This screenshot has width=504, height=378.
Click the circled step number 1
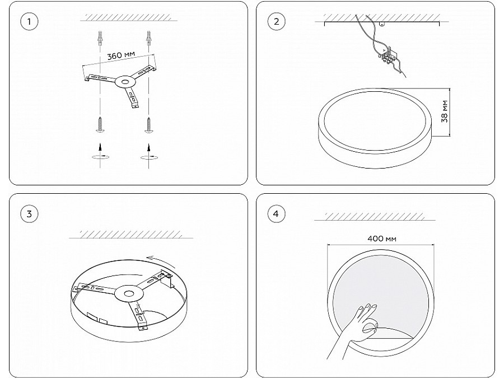[29, 21]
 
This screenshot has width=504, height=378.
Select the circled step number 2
[277, 21]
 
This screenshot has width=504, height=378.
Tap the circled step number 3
[29, 214]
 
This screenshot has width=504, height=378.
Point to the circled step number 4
[277, 214]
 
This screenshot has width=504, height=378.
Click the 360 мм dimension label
[121, 55]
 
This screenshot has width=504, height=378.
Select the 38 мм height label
[445, 111]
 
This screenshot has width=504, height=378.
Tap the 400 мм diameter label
[381, 239]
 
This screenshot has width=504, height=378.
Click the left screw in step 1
[100, 125]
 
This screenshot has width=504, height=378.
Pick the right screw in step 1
[148, 125]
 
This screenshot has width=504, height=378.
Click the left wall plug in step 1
[100, 38]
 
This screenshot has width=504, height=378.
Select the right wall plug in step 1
[148, 38]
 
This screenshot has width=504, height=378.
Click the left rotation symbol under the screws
[100, 157]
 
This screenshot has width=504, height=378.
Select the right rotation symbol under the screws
[149, 157]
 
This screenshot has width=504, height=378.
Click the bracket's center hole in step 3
[129, 293]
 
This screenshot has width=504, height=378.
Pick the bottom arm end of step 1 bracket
[136, 105]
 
